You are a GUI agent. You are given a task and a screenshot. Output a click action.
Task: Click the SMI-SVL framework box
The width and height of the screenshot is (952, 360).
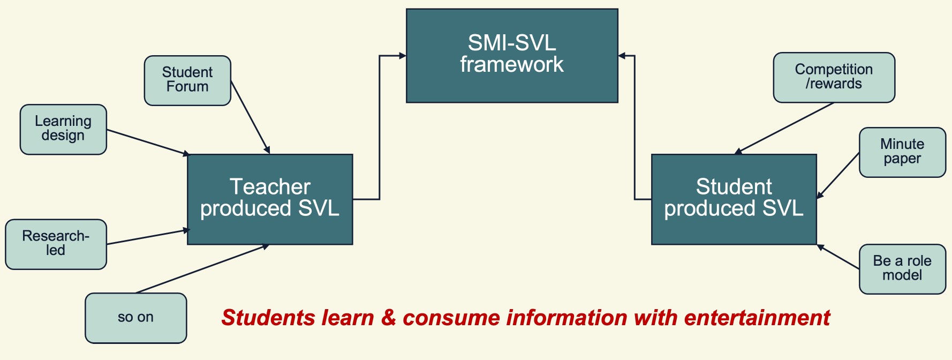click(512, 55)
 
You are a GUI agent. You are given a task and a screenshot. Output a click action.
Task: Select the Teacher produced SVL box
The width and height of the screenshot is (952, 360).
click(270, 199)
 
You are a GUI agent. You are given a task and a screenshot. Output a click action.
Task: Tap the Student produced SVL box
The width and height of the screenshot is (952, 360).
click(734, 199)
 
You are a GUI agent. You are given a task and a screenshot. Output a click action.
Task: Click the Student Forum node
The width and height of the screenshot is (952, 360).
click(187, 80)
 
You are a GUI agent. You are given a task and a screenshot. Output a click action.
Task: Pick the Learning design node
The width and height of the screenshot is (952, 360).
click(63, 129)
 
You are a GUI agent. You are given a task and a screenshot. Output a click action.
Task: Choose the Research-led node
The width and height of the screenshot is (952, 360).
click(56, 244)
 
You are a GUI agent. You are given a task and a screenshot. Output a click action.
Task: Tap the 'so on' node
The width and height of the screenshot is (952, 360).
click(135, 318)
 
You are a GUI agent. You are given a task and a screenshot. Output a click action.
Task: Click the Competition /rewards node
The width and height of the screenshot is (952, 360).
click(834, 77)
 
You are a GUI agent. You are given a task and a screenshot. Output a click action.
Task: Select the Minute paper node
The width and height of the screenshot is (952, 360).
click(902, 152)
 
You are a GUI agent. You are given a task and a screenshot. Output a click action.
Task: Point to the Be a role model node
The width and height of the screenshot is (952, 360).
click(902, 269)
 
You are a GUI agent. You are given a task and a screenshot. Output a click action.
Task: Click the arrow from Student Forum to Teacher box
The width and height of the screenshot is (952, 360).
click(250, 117)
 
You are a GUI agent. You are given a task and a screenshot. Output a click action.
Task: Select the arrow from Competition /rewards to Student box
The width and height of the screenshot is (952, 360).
click(784, 128)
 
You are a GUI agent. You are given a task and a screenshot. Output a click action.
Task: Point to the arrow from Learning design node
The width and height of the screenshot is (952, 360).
click(147, 142)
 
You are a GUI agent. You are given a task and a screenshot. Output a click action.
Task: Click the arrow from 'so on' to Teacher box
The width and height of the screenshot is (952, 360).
click(202, 269)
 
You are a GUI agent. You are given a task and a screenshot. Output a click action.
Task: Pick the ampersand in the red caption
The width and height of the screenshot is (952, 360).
click(388, 318)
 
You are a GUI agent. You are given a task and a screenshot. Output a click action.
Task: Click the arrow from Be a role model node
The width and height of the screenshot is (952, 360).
click(838, 257)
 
